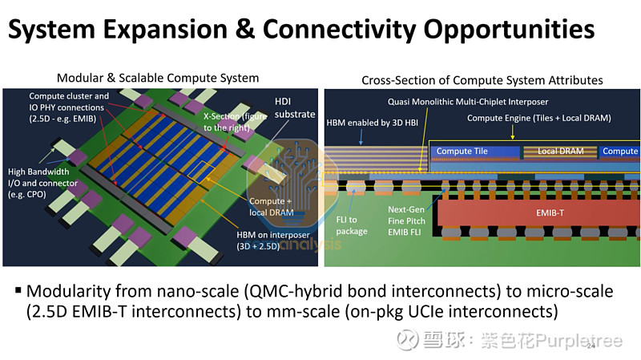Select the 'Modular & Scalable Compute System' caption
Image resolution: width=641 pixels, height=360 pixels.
(158, 78)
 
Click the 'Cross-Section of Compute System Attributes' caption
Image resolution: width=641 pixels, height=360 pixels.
(482, 80)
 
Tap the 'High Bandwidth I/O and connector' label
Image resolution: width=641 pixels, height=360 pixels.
(41, 178)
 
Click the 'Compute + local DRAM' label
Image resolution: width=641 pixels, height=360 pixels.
(267, 207)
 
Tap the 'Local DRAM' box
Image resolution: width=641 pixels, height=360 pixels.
(561, 151)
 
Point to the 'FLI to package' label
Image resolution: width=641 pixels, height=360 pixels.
(353, 225)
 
